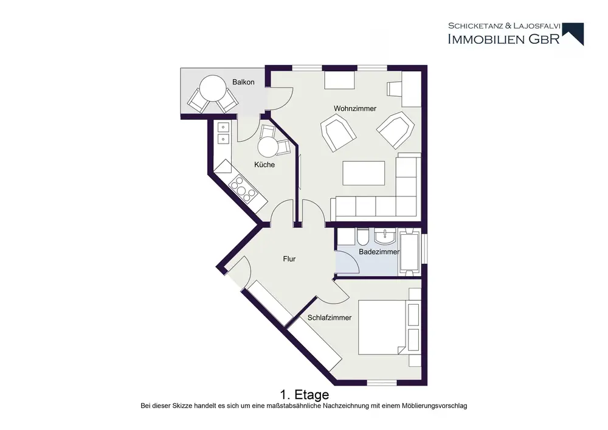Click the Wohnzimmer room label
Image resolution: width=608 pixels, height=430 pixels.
(x=355, y=109)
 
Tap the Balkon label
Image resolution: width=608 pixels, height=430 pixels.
(x=243, y=82)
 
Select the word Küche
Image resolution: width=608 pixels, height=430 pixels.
(x=264, y=165)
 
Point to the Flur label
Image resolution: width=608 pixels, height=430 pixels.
(x=289, y=259)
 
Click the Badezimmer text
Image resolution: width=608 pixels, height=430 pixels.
(x=379, y=252)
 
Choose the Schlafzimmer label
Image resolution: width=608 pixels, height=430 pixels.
(x=329, y=318)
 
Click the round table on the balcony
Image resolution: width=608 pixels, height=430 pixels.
(x=212, y=88)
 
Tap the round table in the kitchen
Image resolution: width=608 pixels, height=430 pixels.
(x=268, y=147)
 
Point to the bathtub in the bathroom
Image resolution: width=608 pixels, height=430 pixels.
(x=409, y=252)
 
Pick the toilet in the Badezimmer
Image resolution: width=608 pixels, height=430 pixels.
(x=364, y=237)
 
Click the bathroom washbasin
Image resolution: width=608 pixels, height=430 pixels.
(x=385, y=236)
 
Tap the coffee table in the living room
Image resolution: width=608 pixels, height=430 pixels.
(x=364, y=173)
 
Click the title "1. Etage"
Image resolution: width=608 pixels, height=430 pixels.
(x=305, y=395)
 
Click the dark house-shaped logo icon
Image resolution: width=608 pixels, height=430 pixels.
(x=573, y=33)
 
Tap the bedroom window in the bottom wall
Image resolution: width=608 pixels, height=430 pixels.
(x=382, y=383)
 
